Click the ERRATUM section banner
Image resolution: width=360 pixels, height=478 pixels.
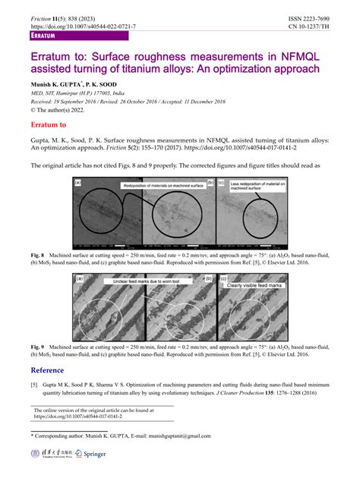(48, 36)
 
